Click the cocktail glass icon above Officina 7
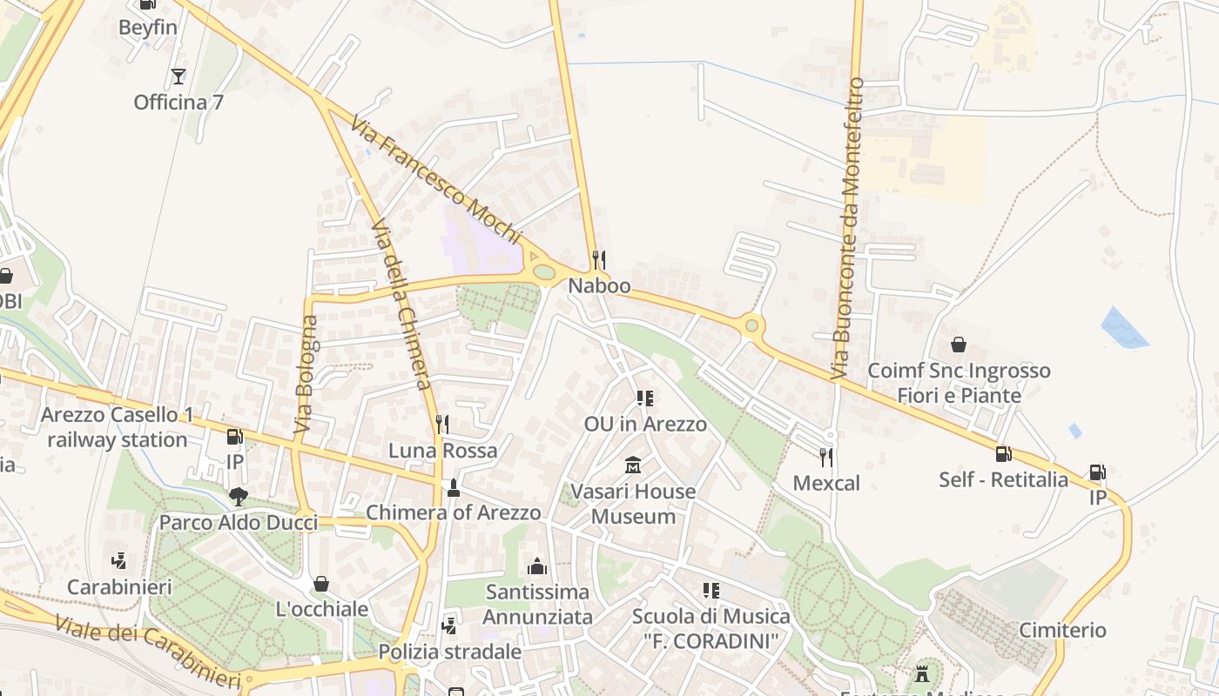[178, 77]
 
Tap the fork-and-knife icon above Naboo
[598, 259]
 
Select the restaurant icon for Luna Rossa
[442, 425]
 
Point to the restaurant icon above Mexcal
[825, 457]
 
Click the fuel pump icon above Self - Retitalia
[1003, 453]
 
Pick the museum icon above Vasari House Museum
[633, 465]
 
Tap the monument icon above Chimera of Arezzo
[453, 487]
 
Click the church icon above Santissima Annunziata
[537, 566]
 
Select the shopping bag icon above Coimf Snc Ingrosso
[959, 345]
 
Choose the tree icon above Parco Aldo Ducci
[238, 497]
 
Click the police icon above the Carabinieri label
[119, 561]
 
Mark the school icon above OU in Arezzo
[644, 398]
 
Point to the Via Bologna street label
[306, 374]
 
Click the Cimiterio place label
[1062, 630]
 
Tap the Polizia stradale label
[449, 652]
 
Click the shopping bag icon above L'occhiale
[321, 584]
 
